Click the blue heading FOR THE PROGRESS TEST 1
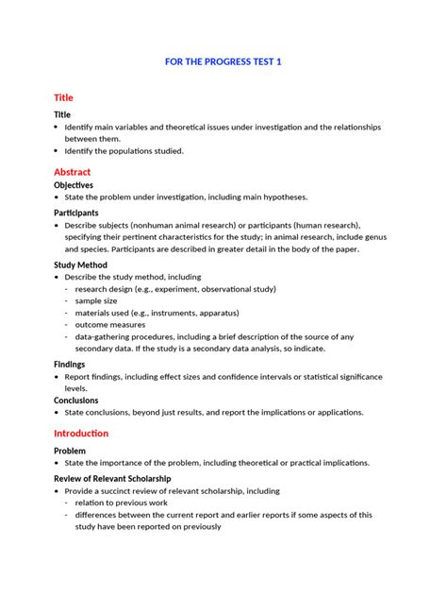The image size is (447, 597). (x=223, y=61)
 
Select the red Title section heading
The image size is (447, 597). (x=63, y=97)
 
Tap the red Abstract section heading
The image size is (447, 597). (x=72, y=172)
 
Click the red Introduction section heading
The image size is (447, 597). (x=81, y=433)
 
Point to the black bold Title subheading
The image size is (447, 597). (x=61, y=113)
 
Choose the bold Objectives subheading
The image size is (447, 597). (x=73, y=185)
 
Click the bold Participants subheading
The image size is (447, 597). (x=75, y=213)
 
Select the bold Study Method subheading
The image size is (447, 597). (x=79, y=265)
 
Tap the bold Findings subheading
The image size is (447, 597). (x=69, y=364)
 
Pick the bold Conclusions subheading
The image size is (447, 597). (x=75, y=400)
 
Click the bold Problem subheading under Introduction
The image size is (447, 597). (x=70, y=451)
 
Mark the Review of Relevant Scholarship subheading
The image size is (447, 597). (x=112, y=479)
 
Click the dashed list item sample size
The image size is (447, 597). (x=97, y=300)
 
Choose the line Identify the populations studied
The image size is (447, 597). (x=124, y=150)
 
